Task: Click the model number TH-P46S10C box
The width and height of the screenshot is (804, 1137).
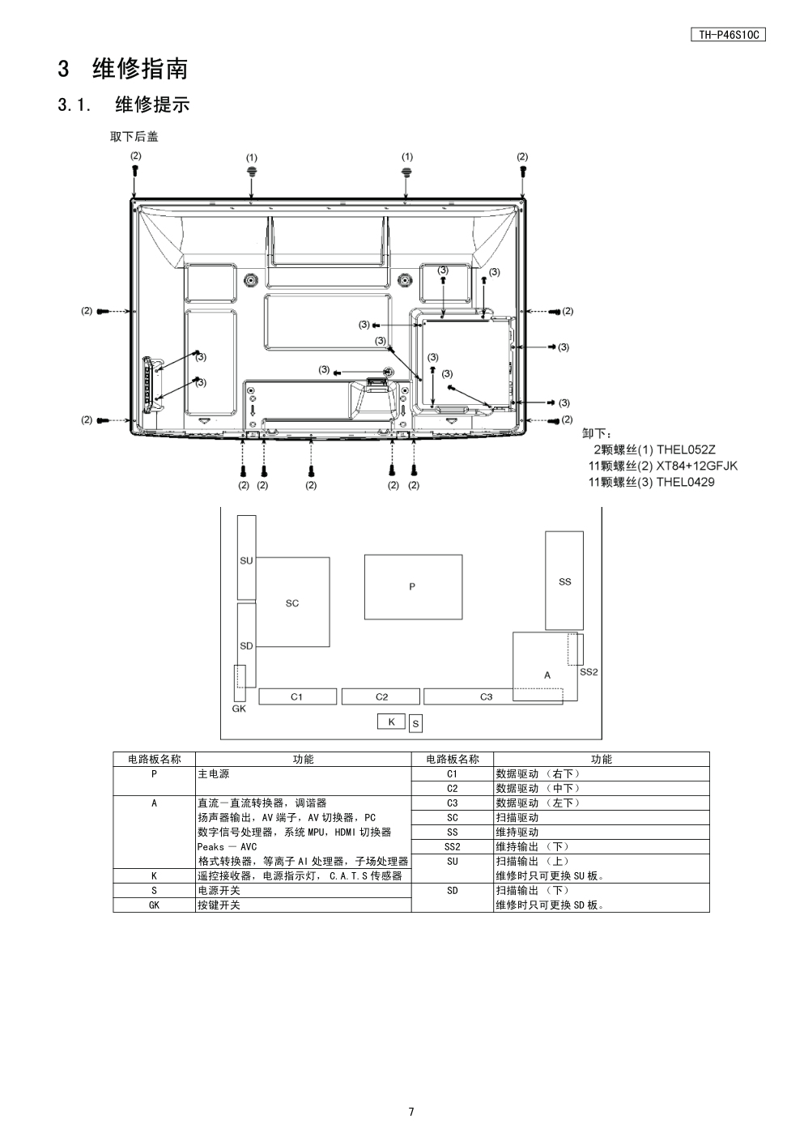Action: click(728, 35)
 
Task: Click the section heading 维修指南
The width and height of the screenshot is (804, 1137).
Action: click(140, 69)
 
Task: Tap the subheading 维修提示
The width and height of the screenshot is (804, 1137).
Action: click(152, 104)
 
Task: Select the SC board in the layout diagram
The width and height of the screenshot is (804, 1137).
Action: click(292, 603)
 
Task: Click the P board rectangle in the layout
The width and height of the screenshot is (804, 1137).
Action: click(413, 587)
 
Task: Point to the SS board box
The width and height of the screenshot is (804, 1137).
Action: click(564, 581)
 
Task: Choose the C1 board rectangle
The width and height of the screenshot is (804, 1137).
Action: click(297, 696)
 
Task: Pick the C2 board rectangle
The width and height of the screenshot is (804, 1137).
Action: click(381, 696)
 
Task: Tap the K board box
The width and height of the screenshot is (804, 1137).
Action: click(391, 722)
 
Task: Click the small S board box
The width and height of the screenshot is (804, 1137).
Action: click(415, 724)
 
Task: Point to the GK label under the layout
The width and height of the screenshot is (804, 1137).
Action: click(239, 709)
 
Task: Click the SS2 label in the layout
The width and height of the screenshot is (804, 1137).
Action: click(589, 672)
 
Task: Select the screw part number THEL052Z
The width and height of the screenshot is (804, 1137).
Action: click(687, 449)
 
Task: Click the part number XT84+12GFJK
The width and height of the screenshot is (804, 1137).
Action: click(697, 466)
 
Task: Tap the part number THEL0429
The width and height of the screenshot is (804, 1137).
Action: click(686, 482)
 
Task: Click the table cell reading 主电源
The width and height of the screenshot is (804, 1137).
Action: click(213, 774)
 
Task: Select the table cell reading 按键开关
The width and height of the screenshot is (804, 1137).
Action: click(219, 905)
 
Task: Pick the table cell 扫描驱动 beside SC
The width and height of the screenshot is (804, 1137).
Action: click(517, 818)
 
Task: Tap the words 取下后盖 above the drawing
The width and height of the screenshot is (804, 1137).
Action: click(134, 137)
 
